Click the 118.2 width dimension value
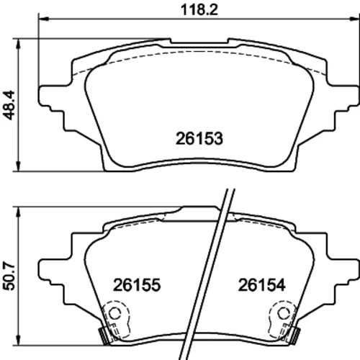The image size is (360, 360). pyautogui.click(x=199, y=10)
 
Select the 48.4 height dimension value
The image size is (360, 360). pyautogui.click(x=9, y=105)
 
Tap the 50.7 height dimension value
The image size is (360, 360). pyautogui.click(x=9, y=276)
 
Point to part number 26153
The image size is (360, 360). pyautogui.click(x=199, y=138)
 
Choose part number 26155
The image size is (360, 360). pyautogui.click(x=137, y=285)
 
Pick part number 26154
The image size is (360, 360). pyautogui.click(x=261, y=285)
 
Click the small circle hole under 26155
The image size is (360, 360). pyautogui.click(x=114, y=313)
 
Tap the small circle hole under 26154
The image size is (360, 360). pyautogui.click(x=284, y=313)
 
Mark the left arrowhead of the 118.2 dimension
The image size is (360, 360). pyautogui.click(x=43, y=19)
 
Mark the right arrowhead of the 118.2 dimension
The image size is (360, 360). pyautogui.click(x=355, y=19)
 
